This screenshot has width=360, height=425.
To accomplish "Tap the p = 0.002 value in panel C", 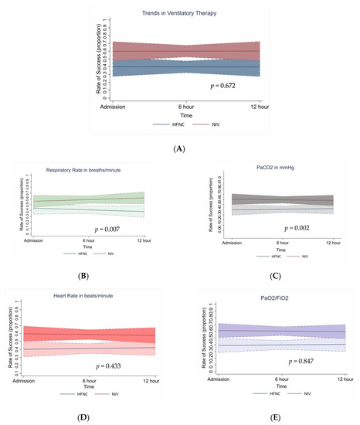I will [x=301, y=228].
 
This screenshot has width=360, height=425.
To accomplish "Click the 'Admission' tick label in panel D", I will [x=28, y=382].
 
